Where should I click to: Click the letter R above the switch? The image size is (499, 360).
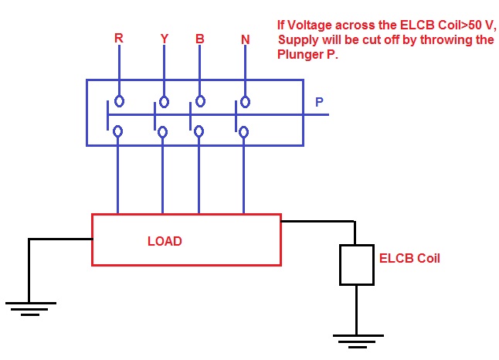(x=118, y=38)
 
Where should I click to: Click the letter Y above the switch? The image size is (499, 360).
(x=163, y=39)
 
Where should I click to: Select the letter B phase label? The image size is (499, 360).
(x=199, y=38)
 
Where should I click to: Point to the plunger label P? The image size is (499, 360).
(x=320, y=102)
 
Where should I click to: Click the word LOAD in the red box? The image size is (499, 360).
(x=165, y=241)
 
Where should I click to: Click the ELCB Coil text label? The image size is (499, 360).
(x=409, y=259)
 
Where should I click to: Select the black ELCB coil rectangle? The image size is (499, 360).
(x=356, y=264)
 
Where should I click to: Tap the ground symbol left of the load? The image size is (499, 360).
(x=29, y=307)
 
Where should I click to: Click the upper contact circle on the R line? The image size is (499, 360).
(x=119, y=100)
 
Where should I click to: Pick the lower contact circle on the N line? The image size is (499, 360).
(x=244, y=132)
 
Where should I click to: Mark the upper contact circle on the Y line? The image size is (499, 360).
(x=164, y=101)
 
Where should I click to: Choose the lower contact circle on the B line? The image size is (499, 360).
(x=199, y=131)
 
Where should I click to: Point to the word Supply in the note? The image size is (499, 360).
(x=297, y=39)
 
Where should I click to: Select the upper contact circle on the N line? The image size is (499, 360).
(x=245, y=101)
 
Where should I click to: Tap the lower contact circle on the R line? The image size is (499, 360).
(x=118, y=131)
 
